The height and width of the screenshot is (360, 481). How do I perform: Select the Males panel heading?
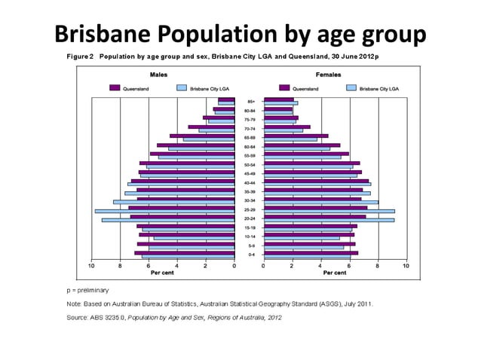(158, 76)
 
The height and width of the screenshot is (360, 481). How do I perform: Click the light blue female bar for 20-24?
(329, 220)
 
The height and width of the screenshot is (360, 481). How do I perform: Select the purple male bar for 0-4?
(185, 252)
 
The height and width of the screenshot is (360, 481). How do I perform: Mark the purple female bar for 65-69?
(296, 136)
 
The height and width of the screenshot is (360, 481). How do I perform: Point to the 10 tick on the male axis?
(91, 265)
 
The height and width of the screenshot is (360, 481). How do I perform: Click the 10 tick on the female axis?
(406, 265)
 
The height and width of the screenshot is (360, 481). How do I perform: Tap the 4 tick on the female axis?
(320, 265)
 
